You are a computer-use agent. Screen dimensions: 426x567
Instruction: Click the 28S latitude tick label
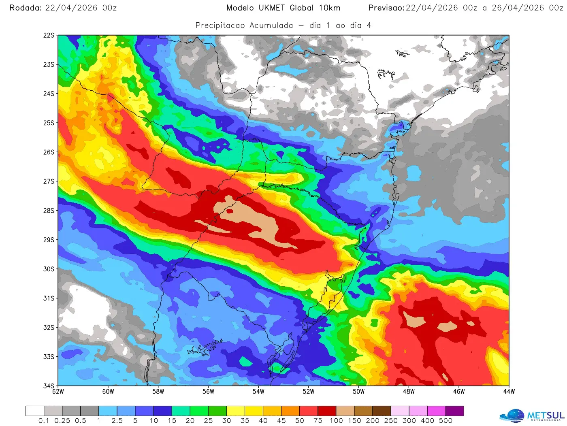(x=49, y=211)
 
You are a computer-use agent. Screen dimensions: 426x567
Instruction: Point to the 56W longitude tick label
(x=208, y=392)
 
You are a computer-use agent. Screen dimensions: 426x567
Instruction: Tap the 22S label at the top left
(x=49, y=36)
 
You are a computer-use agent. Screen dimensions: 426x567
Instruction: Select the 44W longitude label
(x=509, y=392)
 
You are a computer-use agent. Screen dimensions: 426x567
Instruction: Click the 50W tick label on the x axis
(x=358, y=392)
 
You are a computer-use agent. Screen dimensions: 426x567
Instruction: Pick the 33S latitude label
(x=49, y=357)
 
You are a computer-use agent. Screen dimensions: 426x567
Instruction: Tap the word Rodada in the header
(x=25, y=8)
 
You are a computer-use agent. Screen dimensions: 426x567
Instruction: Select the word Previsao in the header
(x=386, y=8)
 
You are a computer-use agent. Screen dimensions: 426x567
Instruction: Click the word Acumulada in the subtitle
(x=271, y=26)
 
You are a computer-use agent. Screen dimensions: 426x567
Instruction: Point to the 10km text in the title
(x=329, y=8)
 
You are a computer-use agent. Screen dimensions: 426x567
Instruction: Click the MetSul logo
(x=532, y=415)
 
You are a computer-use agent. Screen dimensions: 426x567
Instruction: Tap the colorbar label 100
(x=336, y=421)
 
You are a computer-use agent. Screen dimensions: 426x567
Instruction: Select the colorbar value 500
(x=446, y=421)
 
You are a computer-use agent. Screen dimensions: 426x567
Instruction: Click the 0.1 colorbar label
(x=44, y=421)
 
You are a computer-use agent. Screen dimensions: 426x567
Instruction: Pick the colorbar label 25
(x=208, y=421)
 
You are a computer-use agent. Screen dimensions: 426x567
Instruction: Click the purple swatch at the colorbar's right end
(x=454, y=411)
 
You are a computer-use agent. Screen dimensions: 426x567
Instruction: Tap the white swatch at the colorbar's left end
(x=35, y=411)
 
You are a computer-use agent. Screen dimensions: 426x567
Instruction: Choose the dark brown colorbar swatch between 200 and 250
(x=382, y=411)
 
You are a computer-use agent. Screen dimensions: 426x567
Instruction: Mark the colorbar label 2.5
(x=117, y=421)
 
